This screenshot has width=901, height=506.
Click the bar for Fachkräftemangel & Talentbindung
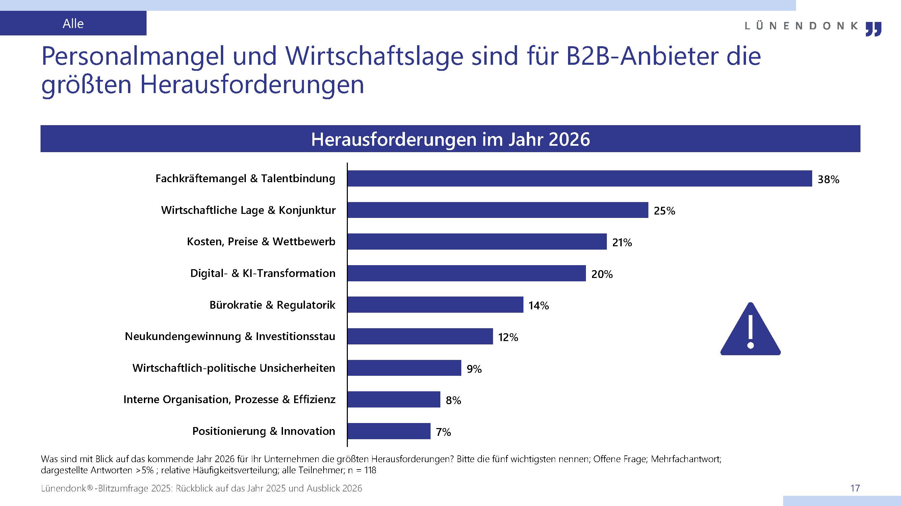pyautogui.click(x=579, y=178)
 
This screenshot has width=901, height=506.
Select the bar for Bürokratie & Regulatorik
pyautogui.click(x=435, y=305)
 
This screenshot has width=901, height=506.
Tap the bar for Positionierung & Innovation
pyautogui.click(x=389, y=431)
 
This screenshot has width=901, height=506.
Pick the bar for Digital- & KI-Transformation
pyautogui.click(x=466, y=273)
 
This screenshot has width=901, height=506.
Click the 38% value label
pyautogui.click(x=828, y=179)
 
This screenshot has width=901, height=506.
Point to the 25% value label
pyautogui.click(x=664, y=211)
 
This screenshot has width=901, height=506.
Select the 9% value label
pyautogui.click(x=474, y=369)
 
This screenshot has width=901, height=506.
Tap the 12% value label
pyautogui.click(x=508, y=338)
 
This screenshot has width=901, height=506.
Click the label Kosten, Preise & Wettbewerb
pyautogui.click(x=261, y=242)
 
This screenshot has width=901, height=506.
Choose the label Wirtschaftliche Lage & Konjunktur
pyautogui.click(x=248, y=210)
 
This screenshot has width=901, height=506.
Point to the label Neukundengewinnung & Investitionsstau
pyautogui.click(x=230, y=337)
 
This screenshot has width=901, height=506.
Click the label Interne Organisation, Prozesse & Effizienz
pyautogui.click(x=229, y=399)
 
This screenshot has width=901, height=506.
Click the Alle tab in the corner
pyautogui.click(x=73, y=23)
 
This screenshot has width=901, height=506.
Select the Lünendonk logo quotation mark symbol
pyautogui.click(x=873, y=29)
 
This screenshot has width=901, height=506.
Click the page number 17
pyautogui.click(x=855, y=488)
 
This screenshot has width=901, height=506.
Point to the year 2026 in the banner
pyautogui.click(x=569, y=139)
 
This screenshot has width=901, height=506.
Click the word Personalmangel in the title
pyautogui.click(x=133, y=56)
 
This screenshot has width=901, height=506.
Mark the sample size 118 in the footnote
pyautogui.click(x=370, y=470)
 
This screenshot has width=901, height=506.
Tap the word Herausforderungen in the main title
pyautogui.click(x=252, y=85)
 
